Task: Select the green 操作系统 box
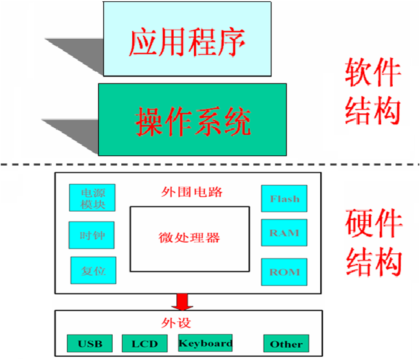pos(192,120)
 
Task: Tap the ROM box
pos(285,271)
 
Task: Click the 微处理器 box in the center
pos(189,238)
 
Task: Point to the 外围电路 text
pos(189,192)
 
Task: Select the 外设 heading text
pos(176,322)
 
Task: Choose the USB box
pos(89,343)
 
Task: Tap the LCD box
pos(144,343)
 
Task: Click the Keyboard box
pos(205,343)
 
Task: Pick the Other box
pos(286,344)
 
